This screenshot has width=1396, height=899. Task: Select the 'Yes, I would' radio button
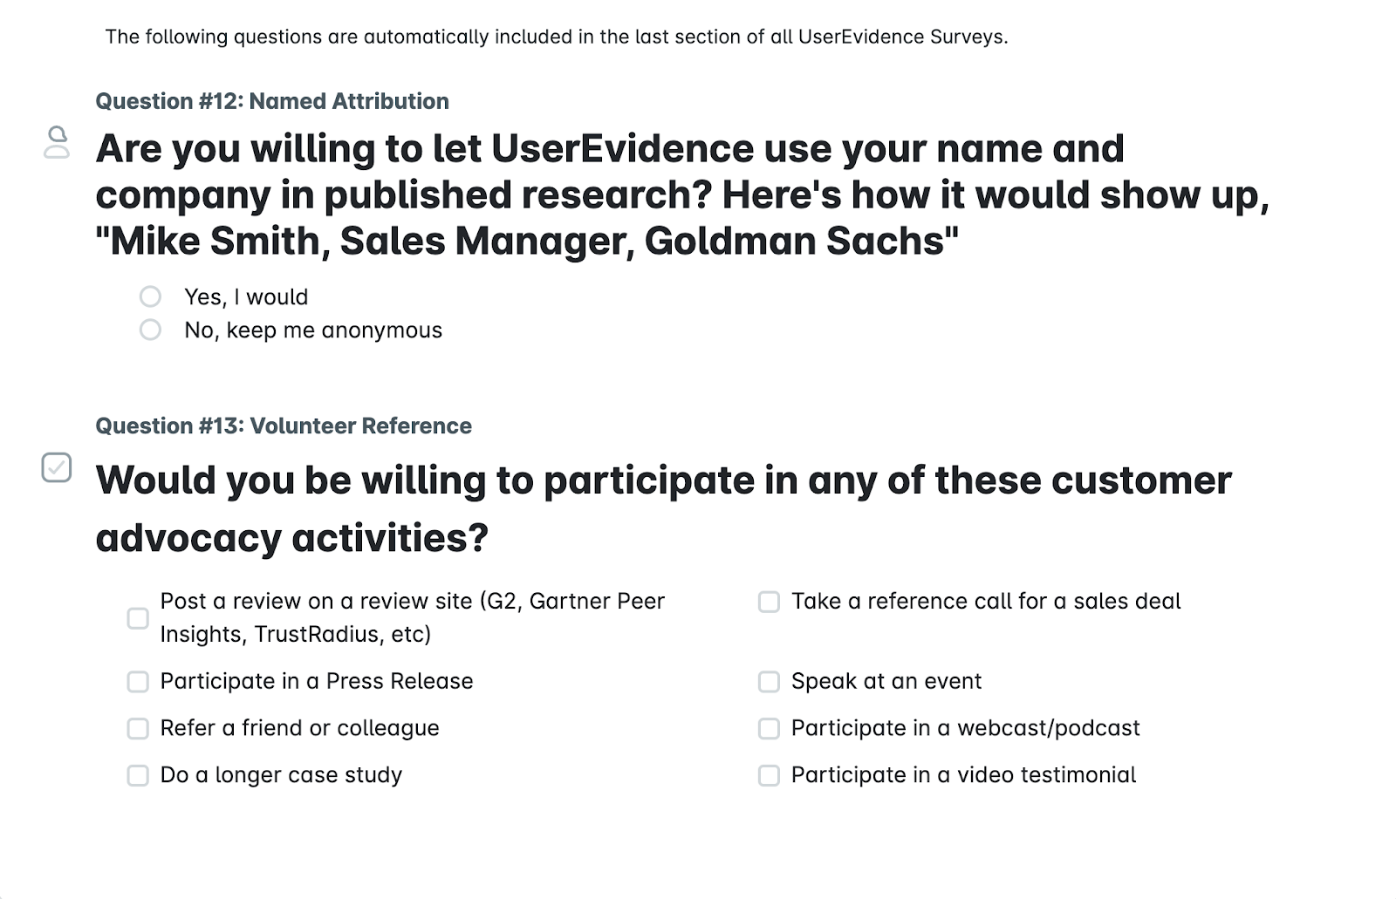[x=150, y=296]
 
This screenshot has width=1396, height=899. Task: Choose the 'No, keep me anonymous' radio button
[x=150, y=330]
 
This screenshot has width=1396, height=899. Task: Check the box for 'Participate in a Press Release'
[x=138, y=682]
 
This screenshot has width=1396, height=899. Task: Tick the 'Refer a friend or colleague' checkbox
[x=138, y=728]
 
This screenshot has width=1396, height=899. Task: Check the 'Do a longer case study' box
[x=138, y=776]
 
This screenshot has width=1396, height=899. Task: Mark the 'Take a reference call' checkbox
[x=769, y=602]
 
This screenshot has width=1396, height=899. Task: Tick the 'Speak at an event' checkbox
[x=769, y=682]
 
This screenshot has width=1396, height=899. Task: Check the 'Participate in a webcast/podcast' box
[x=769, y=728]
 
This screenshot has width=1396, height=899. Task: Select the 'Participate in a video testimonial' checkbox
[x=769, y=776]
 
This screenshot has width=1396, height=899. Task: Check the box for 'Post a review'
[x=138, y=618]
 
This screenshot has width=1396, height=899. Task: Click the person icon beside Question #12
[x=57, y=142]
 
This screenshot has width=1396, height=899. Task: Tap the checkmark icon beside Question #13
[x=57, y=467]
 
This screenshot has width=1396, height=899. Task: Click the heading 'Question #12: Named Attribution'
[x=272, y=101]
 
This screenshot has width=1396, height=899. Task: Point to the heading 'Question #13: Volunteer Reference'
[x=284, y=426]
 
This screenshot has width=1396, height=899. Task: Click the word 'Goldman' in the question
[x=729, y=241]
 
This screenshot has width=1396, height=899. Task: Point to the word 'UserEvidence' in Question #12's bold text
[x=622, y=148]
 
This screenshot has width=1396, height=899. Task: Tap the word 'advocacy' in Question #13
[x=188, y=538]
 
